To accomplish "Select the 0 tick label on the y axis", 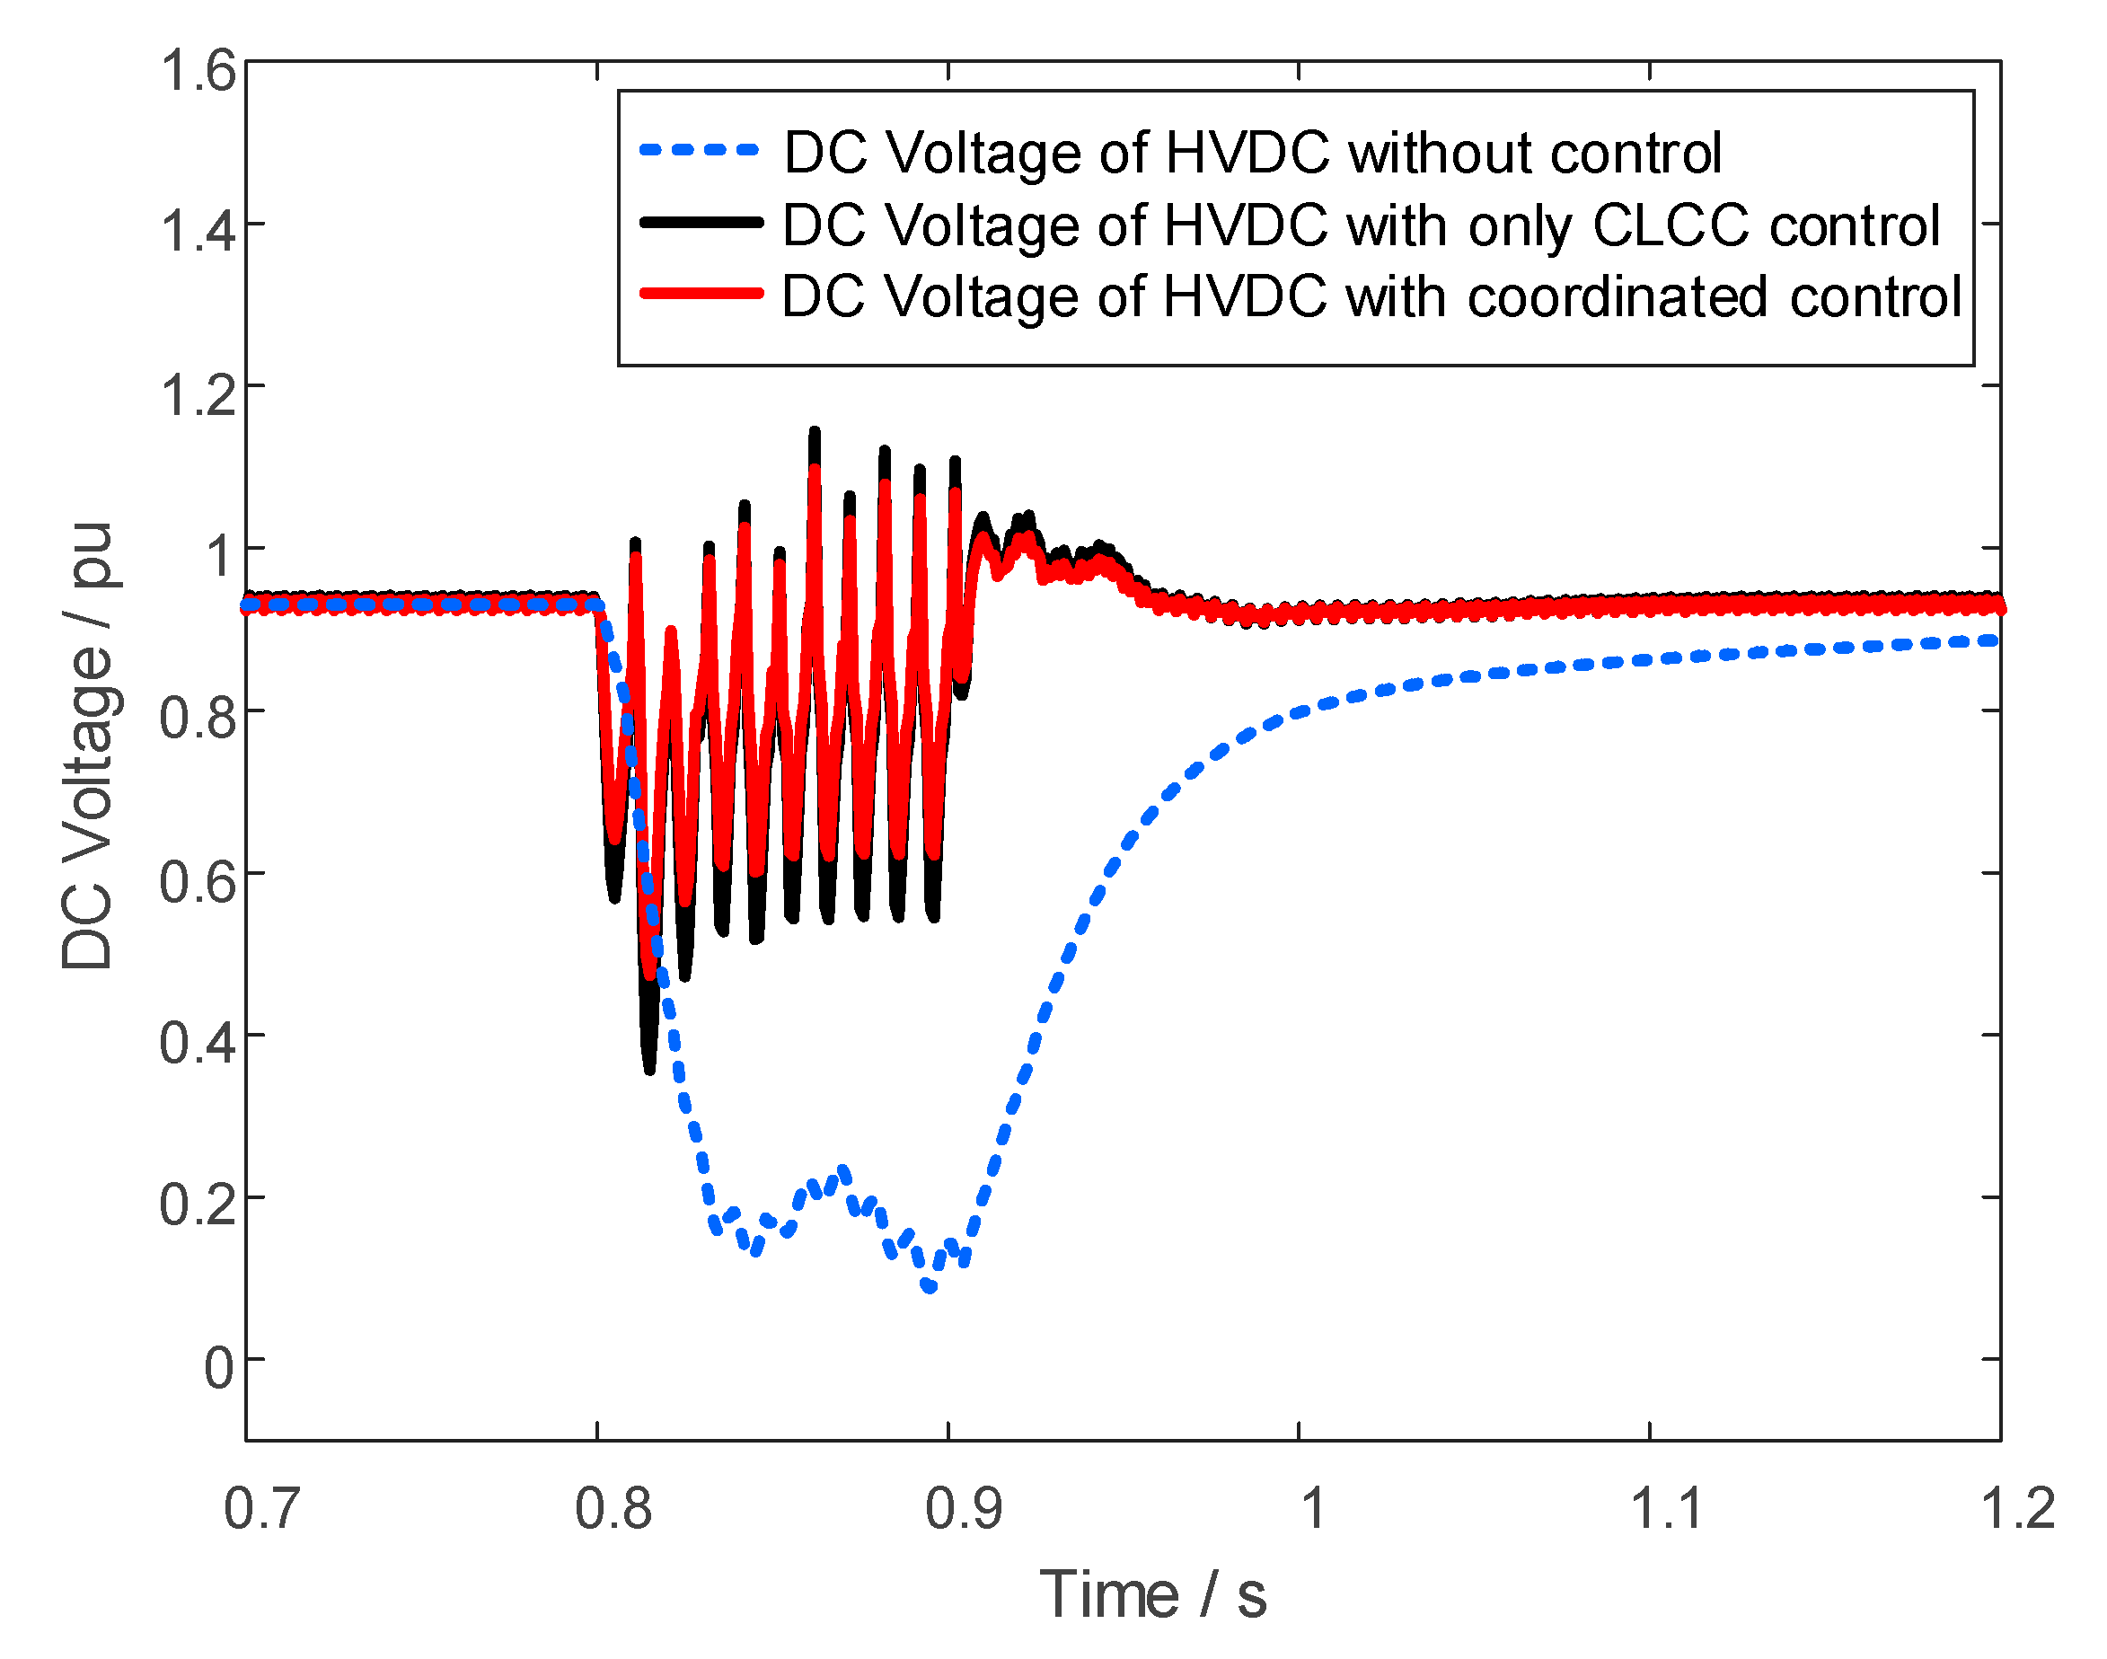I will [218, 1369].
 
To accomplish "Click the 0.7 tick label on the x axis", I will [261, 1509].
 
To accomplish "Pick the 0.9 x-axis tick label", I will [962, 1509].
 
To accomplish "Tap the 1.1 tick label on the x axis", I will [1665, 1509].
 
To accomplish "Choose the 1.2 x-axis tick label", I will [2016, 1509].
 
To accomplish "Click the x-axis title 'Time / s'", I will [1152, 1595].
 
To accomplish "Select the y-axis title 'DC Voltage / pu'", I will [87, 746].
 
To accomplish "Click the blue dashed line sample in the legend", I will [699, 151].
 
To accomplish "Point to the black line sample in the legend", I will [699, 223].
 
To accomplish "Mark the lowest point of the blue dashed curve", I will [930, 1287].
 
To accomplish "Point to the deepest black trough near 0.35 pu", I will [649, 1069].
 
